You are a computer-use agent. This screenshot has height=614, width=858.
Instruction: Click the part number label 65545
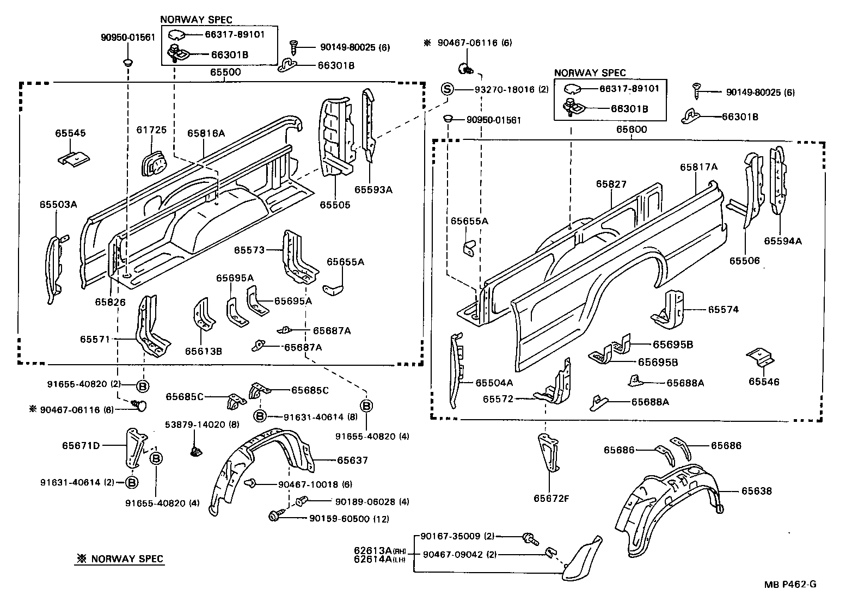[x=70, y=133]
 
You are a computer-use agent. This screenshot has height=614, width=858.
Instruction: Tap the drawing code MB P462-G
[x=789, y=585]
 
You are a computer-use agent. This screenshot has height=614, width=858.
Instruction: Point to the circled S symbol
[x=446, y=89]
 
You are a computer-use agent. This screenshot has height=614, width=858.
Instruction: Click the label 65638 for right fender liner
[x=756, y=491]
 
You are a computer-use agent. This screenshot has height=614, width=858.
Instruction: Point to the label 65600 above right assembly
[x=631, y=130]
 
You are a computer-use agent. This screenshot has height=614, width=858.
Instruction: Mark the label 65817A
[x=698, y=168]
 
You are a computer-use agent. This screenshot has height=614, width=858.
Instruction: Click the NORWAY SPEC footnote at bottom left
[x=119, y=559]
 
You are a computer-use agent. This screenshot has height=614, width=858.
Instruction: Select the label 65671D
[x=81, y=445]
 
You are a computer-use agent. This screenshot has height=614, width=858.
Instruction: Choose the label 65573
[x=249, y=250]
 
